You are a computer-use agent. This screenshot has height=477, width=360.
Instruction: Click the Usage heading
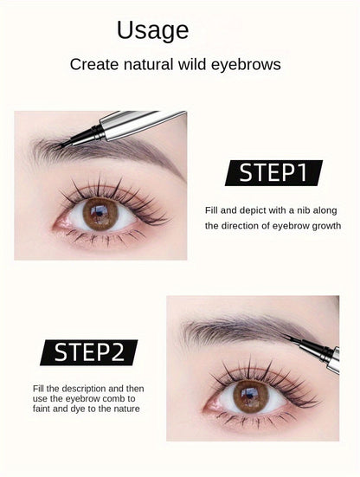(152, 31)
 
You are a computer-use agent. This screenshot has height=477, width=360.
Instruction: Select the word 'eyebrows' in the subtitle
(246, 65)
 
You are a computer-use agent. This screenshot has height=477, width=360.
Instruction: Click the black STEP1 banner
(273, 173)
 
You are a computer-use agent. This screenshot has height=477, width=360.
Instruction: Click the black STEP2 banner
(89, 352)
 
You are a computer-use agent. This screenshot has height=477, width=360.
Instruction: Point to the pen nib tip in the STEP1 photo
(57, 147)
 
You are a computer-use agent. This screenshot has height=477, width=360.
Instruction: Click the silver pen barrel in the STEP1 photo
(143, 124)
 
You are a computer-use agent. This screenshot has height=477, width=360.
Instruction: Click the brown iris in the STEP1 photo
(100, 214)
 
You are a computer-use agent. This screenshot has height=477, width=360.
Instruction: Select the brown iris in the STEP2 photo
(251, 396)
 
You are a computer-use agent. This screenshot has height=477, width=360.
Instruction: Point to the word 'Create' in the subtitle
(94, 64)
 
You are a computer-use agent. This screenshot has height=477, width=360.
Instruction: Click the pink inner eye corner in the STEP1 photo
(61, 223)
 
